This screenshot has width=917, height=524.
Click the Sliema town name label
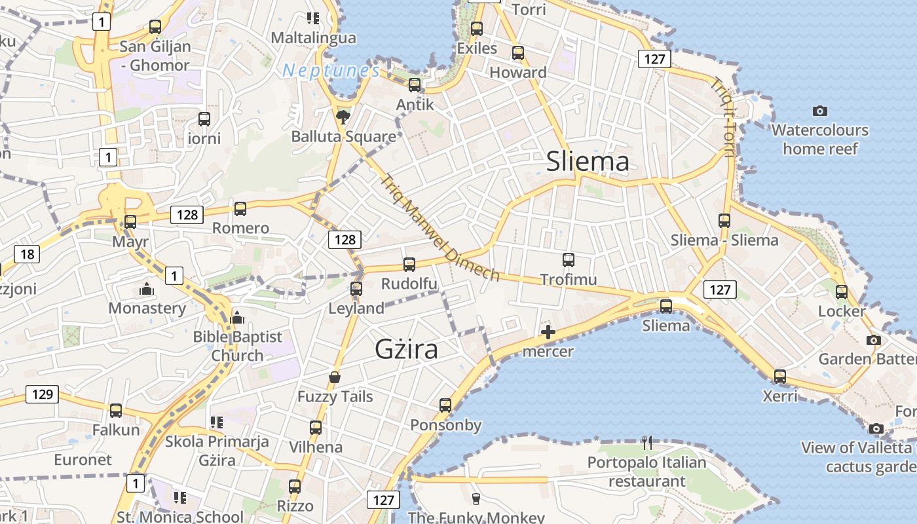point(588,161)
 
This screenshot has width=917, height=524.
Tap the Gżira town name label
point(406,350)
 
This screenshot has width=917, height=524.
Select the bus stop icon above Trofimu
point(569,260)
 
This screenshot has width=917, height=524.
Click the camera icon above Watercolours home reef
point(819,111)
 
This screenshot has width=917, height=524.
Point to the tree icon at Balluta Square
point(343,117)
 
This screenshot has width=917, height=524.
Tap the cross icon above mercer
point(548,333)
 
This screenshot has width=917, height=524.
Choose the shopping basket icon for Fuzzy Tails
point(335,378)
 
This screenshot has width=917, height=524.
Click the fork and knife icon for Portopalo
point(647,443)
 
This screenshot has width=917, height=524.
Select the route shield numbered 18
point(27,254)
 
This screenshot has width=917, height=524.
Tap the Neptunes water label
point(331,71)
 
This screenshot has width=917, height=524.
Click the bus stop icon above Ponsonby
point(445,405)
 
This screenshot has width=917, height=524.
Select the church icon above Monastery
point(147,289)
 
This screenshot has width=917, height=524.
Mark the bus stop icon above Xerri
point(779,377)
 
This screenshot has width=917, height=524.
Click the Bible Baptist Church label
point(237,346)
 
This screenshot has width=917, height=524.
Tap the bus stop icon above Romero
point(240,209)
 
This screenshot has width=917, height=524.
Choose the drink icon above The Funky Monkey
point(476,498)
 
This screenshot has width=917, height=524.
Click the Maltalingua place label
point(314,37)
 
